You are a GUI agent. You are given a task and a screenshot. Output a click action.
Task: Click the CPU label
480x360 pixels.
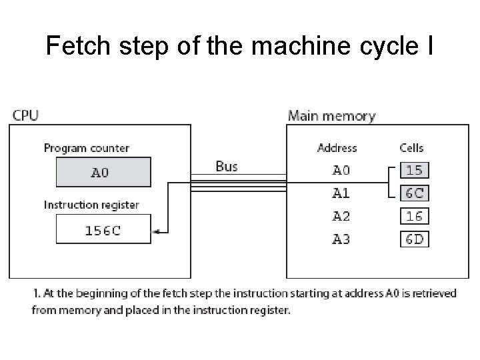25,115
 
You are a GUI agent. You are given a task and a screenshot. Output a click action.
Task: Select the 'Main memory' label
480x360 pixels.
331,115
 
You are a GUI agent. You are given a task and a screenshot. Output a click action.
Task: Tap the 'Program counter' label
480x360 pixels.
86,148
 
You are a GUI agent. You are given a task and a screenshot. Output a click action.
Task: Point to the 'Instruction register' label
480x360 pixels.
91,205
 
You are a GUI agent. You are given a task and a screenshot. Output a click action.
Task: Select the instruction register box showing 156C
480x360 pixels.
103,231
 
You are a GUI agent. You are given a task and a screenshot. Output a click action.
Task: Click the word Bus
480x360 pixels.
227,166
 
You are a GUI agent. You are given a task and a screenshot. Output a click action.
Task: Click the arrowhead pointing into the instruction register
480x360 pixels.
156,231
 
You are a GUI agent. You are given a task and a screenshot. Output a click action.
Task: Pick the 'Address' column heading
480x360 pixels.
337,148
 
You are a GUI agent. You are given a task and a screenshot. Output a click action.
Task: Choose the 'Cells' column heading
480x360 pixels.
411,148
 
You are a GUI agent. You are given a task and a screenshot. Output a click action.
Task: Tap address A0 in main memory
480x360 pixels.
341,170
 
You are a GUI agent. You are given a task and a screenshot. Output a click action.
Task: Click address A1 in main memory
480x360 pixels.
341,193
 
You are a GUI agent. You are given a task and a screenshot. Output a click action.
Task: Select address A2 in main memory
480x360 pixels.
341,216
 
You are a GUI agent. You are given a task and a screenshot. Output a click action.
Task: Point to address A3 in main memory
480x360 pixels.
341,239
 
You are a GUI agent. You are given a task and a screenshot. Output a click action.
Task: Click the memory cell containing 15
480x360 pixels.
414,170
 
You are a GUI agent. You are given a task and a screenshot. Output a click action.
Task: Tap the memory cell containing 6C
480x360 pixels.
414,193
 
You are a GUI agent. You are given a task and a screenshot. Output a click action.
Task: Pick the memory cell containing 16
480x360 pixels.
414,216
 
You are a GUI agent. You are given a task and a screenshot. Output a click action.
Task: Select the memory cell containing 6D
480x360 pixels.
414,239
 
